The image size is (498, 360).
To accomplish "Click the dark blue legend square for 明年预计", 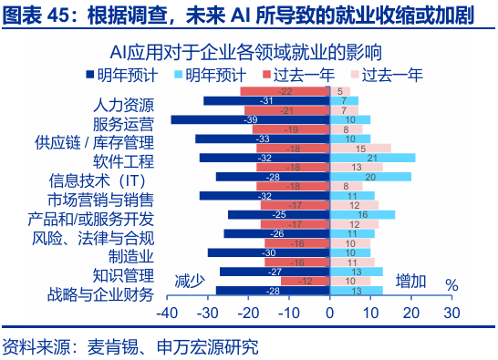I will (x=91, y=74).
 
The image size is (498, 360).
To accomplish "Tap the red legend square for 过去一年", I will (x=265, y=74).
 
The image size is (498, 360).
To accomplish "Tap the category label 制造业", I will (x=131, y=256).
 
